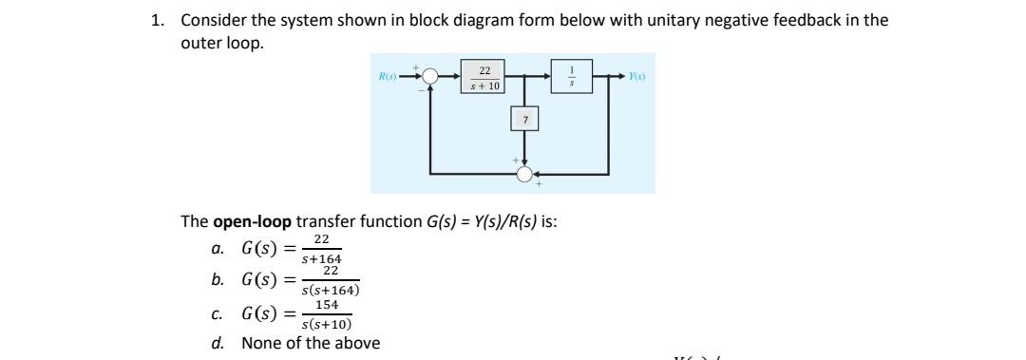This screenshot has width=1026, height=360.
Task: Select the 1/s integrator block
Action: tap(572, 77)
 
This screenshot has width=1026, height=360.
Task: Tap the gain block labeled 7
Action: tap(524, 120)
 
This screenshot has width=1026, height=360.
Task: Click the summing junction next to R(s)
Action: tap(431, 77)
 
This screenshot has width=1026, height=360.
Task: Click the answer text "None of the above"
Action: tap(311, 343)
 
